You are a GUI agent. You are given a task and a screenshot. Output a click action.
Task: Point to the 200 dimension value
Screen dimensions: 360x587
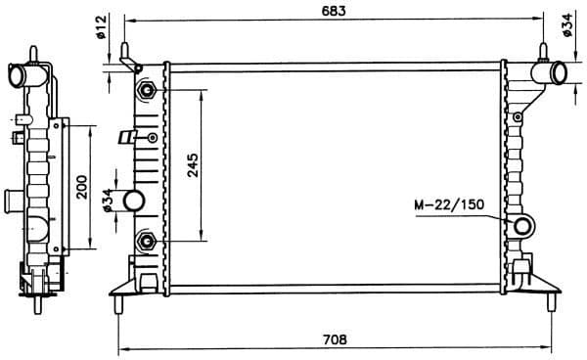(x=83, y=186)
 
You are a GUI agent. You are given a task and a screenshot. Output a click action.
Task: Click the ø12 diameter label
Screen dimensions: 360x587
(x=101, y=27)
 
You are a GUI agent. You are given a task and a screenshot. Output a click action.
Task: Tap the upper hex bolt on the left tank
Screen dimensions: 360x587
(x=147, y=90)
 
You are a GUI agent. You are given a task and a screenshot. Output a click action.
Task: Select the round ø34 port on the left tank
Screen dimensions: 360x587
(x=134, y=202)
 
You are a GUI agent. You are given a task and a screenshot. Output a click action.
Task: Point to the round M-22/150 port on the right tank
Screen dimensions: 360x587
(x=525, y=227)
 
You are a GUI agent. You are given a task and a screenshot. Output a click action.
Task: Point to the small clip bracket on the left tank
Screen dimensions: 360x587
(x=125, y=138)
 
